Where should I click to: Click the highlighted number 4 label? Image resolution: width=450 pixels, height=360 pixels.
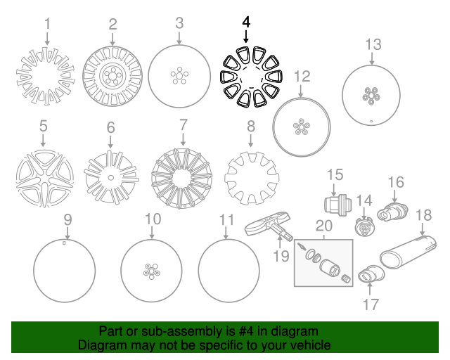(x=246, y=22)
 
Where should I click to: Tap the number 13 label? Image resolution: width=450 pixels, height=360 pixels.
(x=373, y=44)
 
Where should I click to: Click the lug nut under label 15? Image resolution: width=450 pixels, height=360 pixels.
(x=337, y=205)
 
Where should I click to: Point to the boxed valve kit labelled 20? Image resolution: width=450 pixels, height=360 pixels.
(x=323, y=263)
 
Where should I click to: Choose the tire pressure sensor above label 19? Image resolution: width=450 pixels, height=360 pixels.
(x=269, y=226)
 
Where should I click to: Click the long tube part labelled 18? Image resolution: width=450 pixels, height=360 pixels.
(x=408, y=252)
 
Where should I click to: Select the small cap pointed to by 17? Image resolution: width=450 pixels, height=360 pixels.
(x=371, y=274)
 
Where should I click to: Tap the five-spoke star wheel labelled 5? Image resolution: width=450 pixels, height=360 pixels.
(x=45, y=179)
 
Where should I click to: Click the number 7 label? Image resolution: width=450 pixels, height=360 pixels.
(x=183, y=125)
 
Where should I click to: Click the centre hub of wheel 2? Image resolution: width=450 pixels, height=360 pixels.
(x=112, y=76)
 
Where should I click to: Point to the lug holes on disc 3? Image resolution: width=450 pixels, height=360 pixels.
(x=179, y=76)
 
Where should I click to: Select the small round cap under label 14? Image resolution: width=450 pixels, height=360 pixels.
(x=364, y=226)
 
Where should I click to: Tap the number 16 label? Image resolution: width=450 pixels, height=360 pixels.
(x=396, y=182)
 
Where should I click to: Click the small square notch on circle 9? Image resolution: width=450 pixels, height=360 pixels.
(x=64, y=243)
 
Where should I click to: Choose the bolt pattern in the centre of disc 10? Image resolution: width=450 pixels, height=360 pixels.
(x=152, y=271)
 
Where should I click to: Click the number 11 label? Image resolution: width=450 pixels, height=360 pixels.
(x=226, y=220)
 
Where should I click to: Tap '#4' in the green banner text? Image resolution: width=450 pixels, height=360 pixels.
(x=246, y=331)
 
